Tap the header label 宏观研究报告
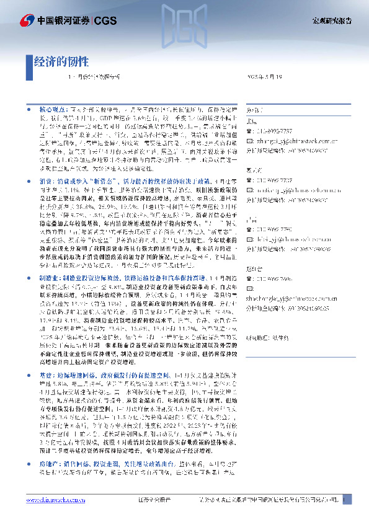tap(331, 20)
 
